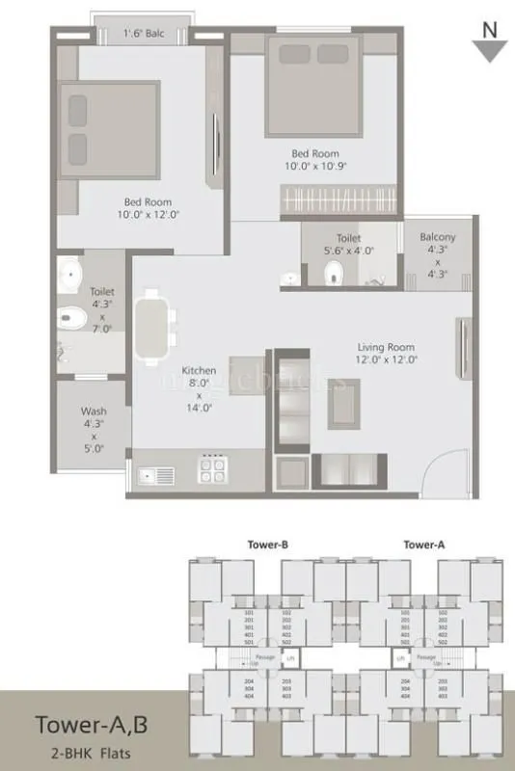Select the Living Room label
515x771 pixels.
386,347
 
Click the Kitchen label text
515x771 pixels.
199,370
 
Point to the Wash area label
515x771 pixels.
94,412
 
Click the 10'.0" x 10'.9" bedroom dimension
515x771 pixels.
316,166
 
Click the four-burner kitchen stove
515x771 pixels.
211,470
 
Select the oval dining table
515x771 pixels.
153,328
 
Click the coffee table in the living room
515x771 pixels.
344,402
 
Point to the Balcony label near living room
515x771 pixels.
437,237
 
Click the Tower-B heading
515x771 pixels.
269,545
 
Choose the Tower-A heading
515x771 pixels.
424,545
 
